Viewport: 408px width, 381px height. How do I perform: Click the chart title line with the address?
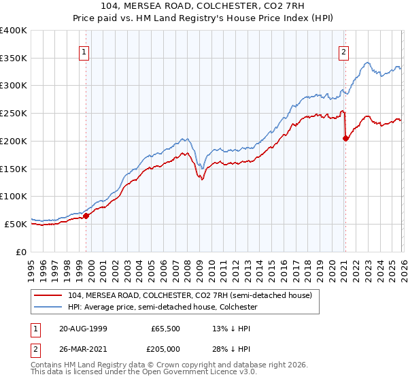tap(204, 6)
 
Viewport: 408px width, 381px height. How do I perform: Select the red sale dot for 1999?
tap(86, 216)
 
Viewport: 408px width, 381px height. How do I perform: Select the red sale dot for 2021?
tap(345, 138)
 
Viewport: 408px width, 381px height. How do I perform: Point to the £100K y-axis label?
tap(14, 196)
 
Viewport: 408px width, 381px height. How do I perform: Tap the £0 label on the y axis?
tap(22, 252)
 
